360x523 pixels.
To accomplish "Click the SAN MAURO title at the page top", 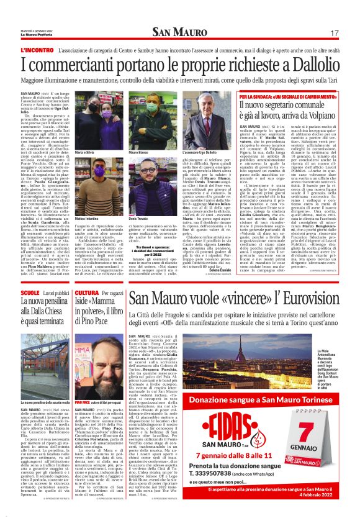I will pyautogui.click(x=179, y=32).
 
